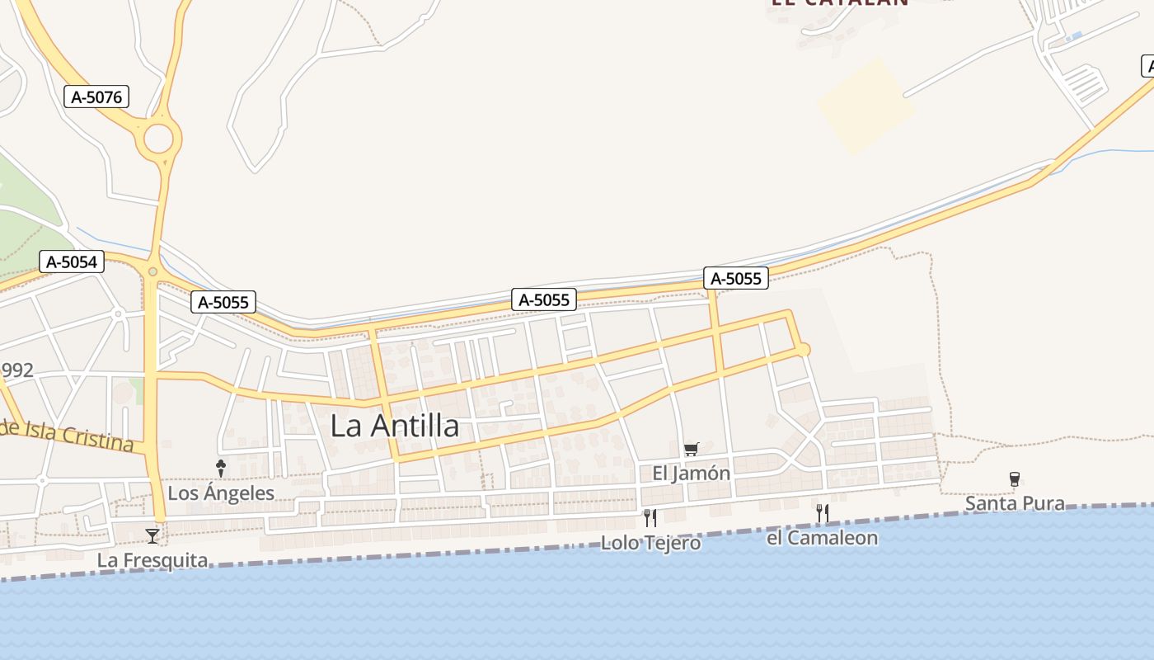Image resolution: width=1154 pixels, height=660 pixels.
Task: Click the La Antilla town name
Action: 395,426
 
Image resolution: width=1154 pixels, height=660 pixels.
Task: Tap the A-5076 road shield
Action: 96,97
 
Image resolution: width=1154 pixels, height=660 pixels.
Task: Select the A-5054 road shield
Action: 72,262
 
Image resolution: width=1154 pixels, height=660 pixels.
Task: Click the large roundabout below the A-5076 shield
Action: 158,139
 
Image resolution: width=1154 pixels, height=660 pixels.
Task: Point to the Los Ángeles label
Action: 221,493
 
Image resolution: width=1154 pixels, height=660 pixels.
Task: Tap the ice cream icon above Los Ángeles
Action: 221,469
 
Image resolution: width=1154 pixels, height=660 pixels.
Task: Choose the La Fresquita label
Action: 152,560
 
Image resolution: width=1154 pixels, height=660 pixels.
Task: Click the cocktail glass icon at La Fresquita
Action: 152,536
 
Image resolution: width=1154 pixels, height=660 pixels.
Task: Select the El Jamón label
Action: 691,474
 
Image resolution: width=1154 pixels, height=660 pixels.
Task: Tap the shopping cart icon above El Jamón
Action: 691,450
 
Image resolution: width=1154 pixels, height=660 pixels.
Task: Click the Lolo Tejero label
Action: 650,543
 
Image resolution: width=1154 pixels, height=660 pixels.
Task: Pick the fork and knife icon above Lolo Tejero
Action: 650,518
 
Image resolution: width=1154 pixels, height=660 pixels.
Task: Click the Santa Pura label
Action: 1015,503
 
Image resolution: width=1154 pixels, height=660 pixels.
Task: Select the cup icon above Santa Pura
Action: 1015,479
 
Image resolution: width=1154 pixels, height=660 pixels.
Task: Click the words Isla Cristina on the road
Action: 79,436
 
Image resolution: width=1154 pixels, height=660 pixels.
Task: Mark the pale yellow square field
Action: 865,105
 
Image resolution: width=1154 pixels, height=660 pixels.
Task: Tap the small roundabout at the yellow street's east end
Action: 803,351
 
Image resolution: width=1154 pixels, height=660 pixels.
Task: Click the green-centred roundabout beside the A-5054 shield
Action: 152,271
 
